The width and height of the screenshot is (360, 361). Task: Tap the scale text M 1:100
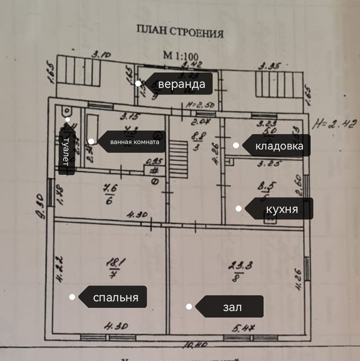point(181,55)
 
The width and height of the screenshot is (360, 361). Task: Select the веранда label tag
point(181,84)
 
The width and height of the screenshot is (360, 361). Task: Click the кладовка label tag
point(279,146)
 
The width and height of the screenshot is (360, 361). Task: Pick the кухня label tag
point(281,209)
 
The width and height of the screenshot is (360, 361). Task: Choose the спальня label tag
point(115,297)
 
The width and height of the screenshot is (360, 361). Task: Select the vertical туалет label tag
point(66,151)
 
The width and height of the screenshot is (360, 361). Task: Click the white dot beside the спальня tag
point(72,297)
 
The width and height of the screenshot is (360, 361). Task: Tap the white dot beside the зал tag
point(189,307)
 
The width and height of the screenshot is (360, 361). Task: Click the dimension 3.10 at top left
point(101,55)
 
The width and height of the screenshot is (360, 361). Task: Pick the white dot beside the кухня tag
point(238,209)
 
